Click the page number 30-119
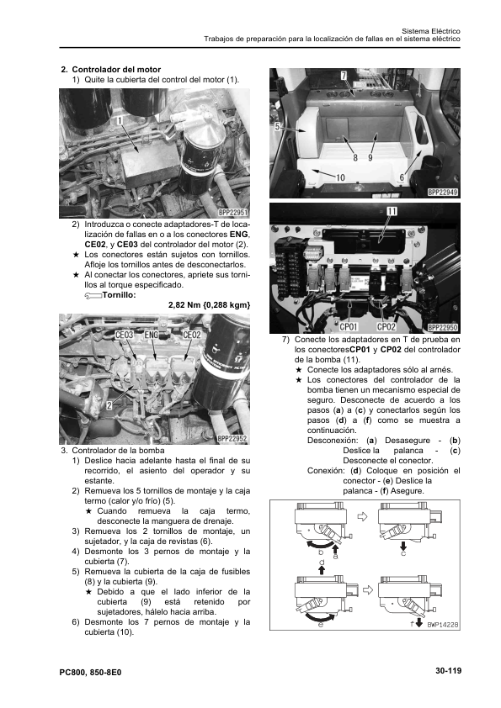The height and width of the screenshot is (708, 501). pos(448,670)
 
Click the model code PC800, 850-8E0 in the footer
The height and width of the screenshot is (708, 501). pos(90,673)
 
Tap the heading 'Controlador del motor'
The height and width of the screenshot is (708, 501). pos(116,70)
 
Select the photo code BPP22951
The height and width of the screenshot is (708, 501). pos(233,213)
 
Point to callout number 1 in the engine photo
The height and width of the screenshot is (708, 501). pos(120,120)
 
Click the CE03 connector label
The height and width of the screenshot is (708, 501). pos(125,335)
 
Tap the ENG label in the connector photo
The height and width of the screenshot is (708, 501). pos(152,335)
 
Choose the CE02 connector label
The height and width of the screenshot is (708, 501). pos(192,335)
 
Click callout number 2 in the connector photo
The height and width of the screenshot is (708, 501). pos(109,405)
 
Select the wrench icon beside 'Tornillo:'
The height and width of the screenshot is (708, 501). pos(93,295)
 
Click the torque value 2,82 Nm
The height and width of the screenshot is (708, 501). pos(184,305)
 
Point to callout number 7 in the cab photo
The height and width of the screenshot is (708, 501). pos(344,76)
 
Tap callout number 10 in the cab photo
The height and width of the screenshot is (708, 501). pos(340,177)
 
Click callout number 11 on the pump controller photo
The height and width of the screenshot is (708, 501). pos(392,211)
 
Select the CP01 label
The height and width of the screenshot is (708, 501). pos(349,327)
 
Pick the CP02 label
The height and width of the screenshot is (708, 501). pos(386,327)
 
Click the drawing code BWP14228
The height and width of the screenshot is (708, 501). pos(443,625)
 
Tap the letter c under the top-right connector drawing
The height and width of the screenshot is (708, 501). pos(403,554)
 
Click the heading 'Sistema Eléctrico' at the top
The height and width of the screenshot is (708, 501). pos(431,31)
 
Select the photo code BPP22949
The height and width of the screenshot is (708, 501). pos(443,193)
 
